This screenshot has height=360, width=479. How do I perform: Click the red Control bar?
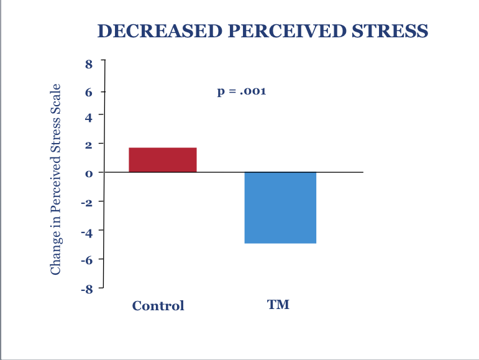163,159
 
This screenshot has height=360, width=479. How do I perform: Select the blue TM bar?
280,207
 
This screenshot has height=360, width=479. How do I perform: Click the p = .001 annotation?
242,91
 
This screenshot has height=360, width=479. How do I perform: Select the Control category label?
158,305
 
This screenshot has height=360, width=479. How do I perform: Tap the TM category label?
278,305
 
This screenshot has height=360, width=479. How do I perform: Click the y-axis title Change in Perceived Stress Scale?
56,178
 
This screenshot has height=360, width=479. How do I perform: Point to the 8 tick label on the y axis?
89,63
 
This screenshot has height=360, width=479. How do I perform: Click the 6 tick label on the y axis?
89,92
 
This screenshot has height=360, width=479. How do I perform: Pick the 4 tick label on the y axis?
89,116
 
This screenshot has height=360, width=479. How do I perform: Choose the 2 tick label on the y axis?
89,144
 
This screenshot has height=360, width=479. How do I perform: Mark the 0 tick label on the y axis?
89,173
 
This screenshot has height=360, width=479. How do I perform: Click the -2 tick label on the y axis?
88,201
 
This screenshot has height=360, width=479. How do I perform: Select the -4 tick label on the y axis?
88,231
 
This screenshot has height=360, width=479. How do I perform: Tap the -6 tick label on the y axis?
88,259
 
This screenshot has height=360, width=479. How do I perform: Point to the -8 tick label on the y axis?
88,288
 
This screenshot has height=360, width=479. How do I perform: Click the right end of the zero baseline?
362,172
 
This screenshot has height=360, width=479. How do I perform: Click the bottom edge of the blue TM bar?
280,242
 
